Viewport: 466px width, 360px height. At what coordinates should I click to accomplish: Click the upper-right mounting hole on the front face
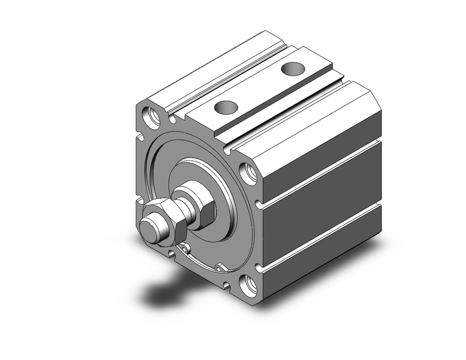click(x=248, y=173)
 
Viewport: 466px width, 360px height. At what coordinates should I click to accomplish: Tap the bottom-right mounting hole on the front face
click(x=247, y=285)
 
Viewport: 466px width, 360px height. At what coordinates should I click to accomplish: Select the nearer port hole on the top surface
click(x=226, y=107)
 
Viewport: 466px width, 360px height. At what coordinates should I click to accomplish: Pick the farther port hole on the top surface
click(x=293, y=69)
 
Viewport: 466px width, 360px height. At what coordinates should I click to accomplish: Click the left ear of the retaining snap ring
click(x=186, y=248)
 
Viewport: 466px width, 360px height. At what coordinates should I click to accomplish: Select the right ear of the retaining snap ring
click(x=220, y=268)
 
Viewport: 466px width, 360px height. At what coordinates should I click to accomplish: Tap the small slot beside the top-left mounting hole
click(x=172, y=120)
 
